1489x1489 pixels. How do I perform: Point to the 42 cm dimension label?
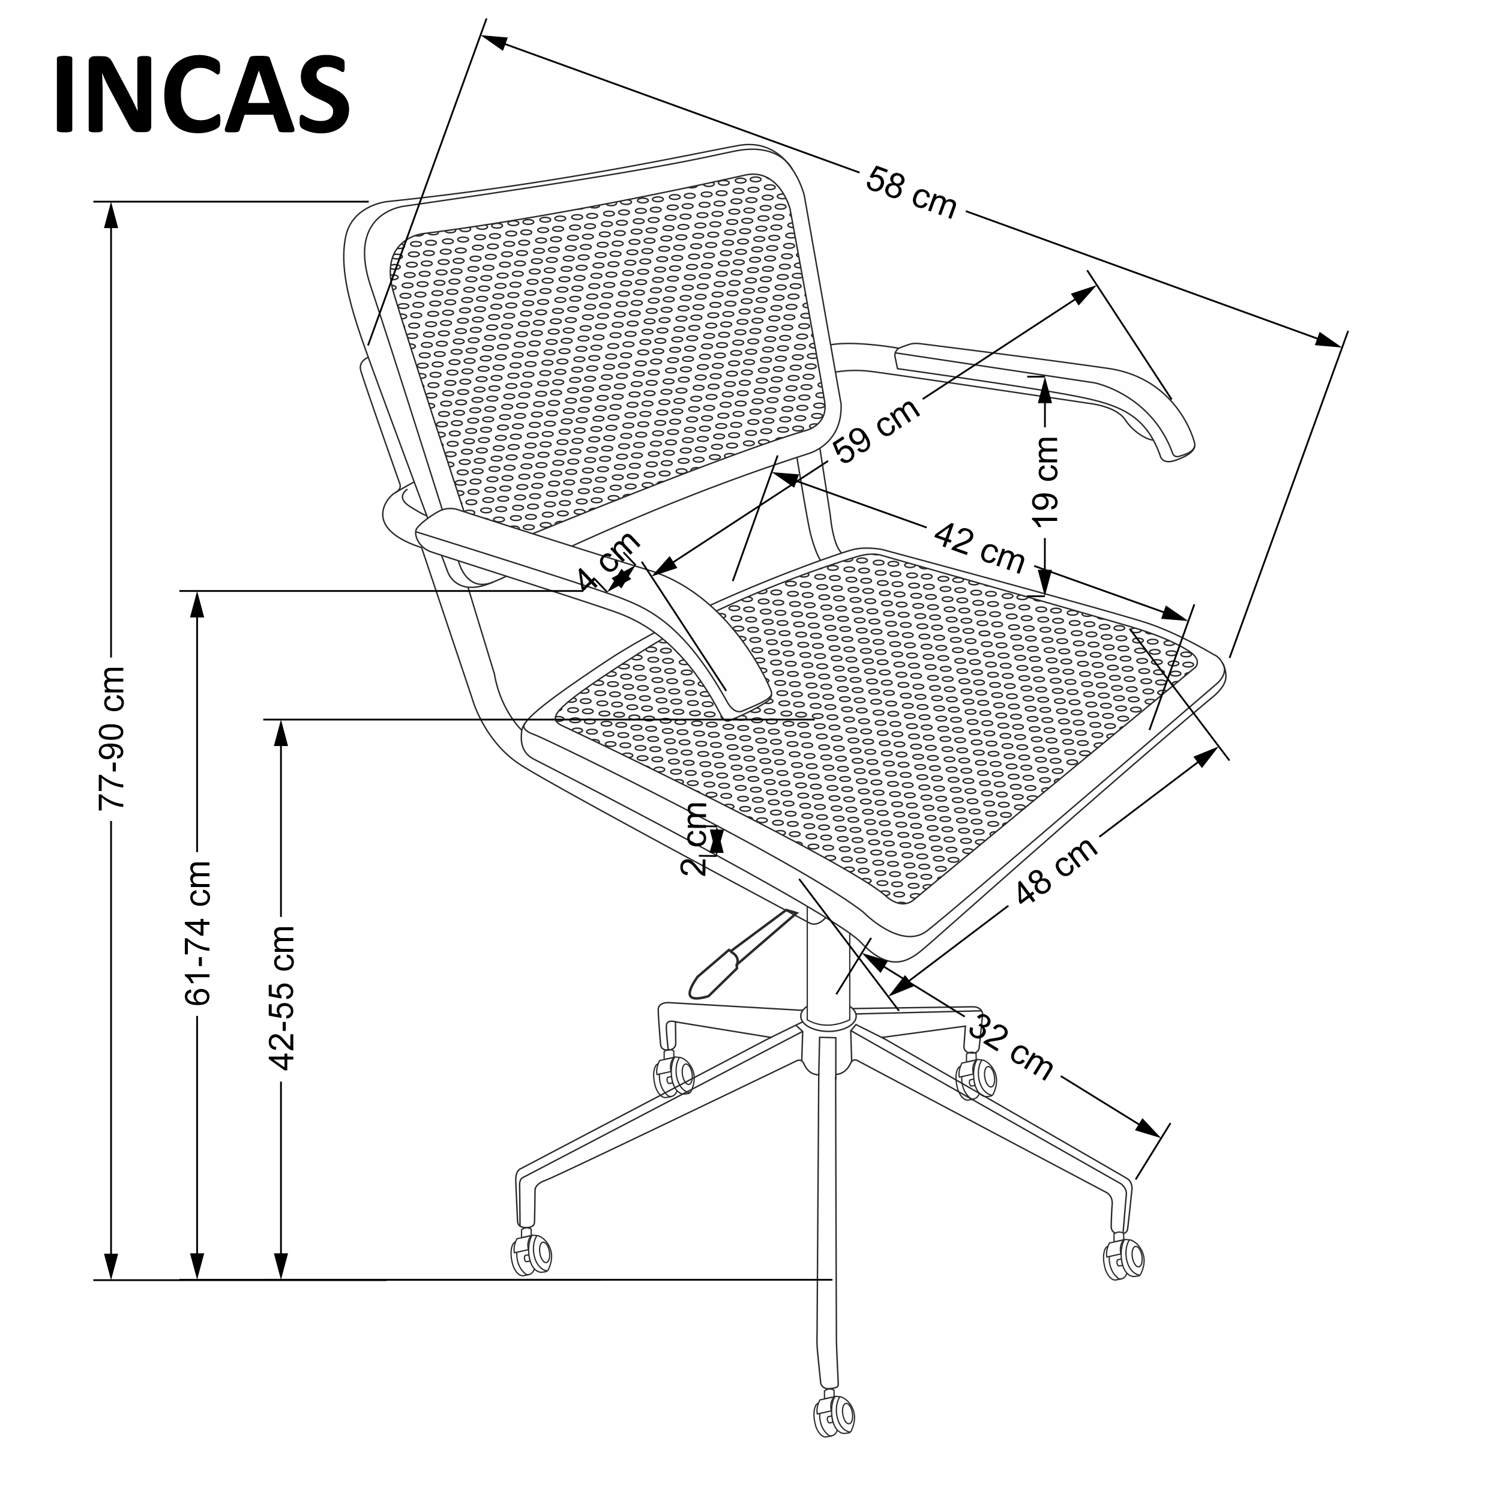[x=979, y=546]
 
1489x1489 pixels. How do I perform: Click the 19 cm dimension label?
[x=1047, y=480]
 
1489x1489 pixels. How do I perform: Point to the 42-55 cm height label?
[x=281, y=998]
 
